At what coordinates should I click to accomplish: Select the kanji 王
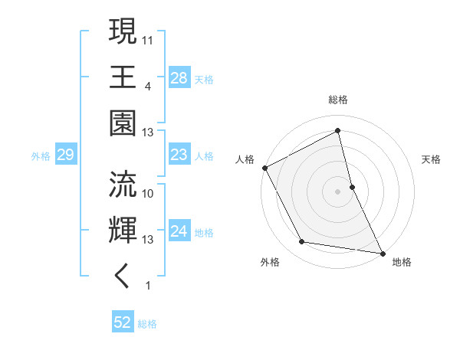coord(123,77)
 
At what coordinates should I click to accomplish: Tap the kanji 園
coord(123,123)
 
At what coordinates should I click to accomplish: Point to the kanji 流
coord(123,184)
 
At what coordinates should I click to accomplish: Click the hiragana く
coord(123,275)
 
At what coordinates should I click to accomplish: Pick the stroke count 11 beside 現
coord(149,38)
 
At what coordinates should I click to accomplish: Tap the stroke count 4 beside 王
coord(149,85)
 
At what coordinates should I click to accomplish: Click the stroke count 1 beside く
coord(149,286)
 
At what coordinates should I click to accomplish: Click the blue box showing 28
coord(179,77)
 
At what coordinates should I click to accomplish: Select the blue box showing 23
coord(179,155)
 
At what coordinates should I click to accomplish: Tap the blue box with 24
coord(179,231)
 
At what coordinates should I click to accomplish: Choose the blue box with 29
coord(65,155)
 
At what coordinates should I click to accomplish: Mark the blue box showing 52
coord(122,323)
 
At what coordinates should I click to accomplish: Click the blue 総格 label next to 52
coord(148,324)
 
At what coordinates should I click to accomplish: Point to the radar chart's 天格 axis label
coord(431,160)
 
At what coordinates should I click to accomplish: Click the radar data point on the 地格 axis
coord(382,252)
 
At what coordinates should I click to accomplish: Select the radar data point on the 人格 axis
coord(264,167)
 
